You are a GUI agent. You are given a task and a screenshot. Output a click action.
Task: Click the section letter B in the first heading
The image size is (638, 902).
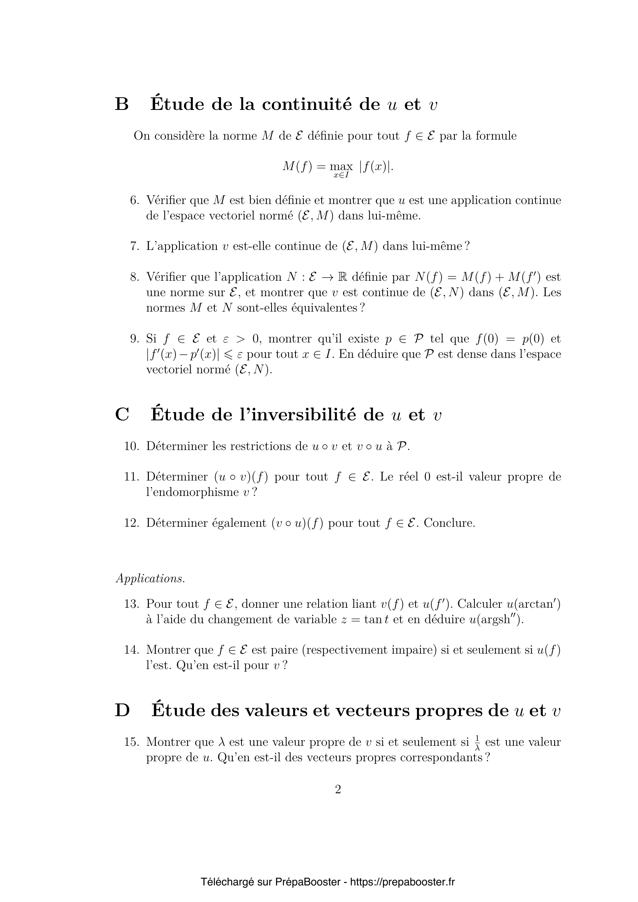(x=122, y=105)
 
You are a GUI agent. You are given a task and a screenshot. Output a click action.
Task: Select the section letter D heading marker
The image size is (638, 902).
(x=122, y=711)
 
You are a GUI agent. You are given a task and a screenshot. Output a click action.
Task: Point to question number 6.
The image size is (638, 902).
(x=134, y=201)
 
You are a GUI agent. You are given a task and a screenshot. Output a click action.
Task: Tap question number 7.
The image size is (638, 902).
(x=134, y=246)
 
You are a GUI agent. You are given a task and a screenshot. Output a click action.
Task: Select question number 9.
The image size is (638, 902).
(x=134, y=339)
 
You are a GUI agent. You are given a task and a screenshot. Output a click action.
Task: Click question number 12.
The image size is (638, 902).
(x=132, y=523)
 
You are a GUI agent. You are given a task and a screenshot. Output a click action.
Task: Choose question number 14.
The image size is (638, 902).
(x=132, y=650)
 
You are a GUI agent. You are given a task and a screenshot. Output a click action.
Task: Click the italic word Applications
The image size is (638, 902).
(x=150, y=579)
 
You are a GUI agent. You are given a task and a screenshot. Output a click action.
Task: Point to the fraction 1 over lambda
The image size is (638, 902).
(x=477, y=743)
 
